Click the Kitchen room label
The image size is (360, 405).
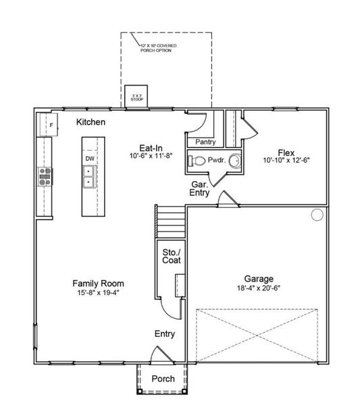(90, 122)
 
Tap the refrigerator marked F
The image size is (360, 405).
(49, 124)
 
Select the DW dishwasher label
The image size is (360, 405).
(90, 159)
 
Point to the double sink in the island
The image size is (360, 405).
(89, 177)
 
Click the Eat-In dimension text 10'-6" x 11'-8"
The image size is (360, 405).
(151, 155)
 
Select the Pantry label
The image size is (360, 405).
(205, 142)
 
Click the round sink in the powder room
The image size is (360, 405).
(234, 161)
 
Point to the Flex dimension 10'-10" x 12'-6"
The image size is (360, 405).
(286, 161)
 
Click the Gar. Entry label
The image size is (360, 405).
(200, 188)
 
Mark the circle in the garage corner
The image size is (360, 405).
(317, 215)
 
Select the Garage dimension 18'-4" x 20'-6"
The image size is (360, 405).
(258, 288)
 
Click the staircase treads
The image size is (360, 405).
(170, 221)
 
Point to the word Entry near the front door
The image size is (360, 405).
(165, 333)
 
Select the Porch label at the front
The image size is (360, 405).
(162, 379)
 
